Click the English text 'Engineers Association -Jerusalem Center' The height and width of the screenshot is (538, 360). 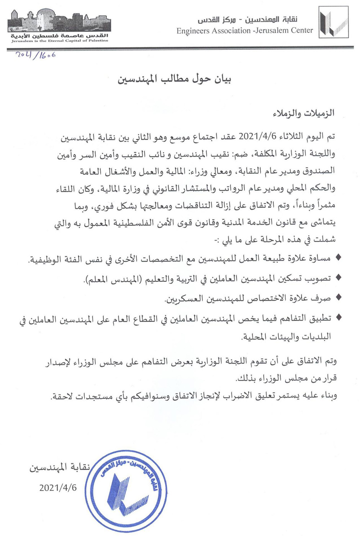pyautogui.click(x=245, y=31)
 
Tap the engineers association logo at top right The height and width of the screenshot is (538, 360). pyautogui.click(x=333, y=22)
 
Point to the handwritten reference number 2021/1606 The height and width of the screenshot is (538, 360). pyautogui.click(x=35, y=55)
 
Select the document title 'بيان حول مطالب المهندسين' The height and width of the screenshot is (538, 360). pyautogui.click(x=175, y=79)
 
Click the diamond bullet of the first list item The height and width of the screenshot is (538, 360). pyautogui.click(x=338, y=257)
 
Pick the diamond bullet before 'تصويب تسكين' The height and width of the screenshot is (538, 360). pyautogui.click(x=338, y=278)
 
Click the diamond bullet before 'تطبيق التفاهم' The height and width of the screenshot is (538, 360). pyautogui.click(x=338, y=317)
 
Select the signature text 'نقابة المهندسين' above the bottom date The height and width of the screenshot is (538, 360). pyautogui.click(x=60, y=467)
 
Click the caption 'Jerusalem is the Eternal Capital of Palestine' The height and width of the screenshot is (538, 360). pyautogui.click(x=60, y=41)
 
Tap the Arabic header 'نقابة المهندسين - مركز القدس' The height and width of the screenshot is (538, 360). pyautogui.click(x=247, y=20)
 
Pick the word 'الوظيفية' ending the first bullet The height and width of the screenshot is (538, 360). pyautogui.click(x=46, y=259)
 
